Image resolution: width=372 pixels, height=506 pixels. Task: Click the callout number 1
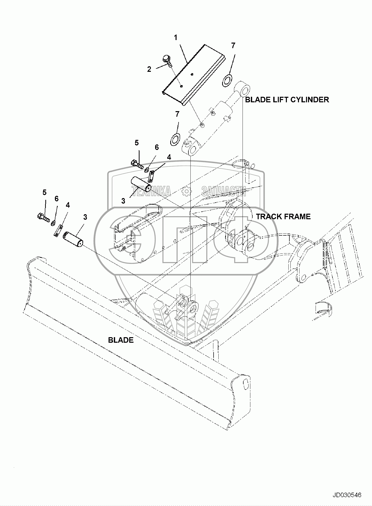[176, 38]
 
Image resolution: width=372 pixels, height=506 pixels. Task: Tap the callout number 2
[149, 69]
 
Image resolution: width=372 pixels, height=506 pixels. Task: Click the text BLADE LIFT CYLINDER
[287, 100]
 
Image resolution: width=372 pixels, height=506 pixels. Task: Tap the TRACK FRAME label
[283, 216]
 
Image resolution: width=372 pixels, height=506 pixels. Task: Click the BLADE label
[121, 340]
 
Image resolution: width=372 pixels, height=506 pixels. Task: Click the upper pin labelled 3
[141, 183]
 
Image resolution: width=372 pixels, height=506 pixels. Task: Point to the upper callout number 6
[157, 147]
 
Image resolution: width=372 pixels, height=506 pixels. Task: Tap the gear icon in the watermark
[186, 191]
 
